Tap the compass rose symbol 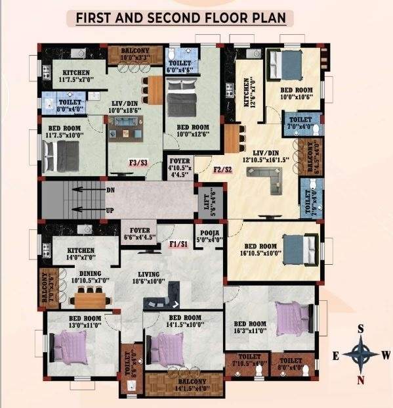pyautogui.click(x=360, y=355)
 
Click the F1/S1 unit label pyautogui.click(x=178, y=244)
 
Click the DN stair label pyautogui.click(x=110, y=190)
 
